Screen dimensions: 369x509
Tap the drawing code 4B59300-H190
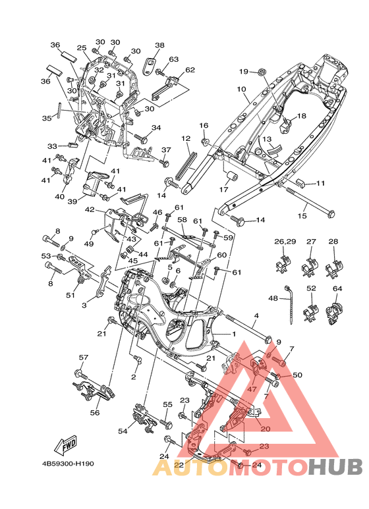coord(68,464)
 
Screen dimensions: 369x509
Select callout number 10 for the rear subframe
coord(241,89)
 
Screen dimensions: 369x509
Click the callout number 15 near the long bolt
coord(302,215)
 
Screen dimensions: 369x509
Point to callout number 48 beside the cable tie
coord(273,298)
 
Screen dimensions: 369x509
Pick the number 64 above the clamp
coord(337,288)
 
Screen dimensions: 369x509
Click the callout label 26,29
coord(285,242)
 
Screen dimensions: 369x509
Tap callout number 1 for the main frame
coord(233,334)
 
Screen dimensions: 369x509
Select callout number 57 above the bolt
coord(84,358)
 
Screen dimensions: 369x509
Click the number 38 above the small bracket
coord(159,45)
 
